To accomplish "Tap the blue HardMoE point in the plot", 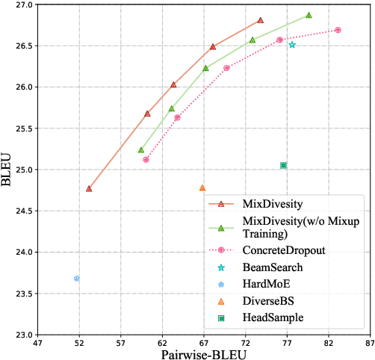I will pyautogui.click(x=76, y=279).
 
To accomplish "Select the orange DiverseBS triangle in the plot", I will pyautogui.click(x=202, y=188).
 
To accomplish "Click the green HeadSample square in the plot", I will pyautogui.click(x=283, y=165).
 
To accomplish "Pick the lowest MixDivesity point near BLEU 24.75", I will pyautogui.click(x=89, y=189).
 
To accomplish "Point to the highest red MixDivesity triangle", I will pyautogui.click(x=260, y=20).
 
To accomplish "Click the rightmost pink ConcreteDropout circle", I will pyautogui.click(x=338, y=30).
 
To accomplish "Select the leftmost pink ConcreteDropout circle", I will pyautogui.click(x=146, y=159).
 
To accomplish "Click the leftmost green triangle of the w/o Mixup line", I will pyautogui.click(x=141, y=150).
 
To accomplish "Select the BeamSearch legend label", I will pyautogui.click(x=273, y=266).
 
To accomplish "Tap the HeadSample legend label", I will pyautogui.click(x=273, y=317).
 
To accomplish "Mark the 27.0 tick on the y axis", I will pyautogui.click(x=21, y=4).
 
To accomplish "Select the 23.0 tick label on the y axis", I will pyautogui.click(x=21, y=334).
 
